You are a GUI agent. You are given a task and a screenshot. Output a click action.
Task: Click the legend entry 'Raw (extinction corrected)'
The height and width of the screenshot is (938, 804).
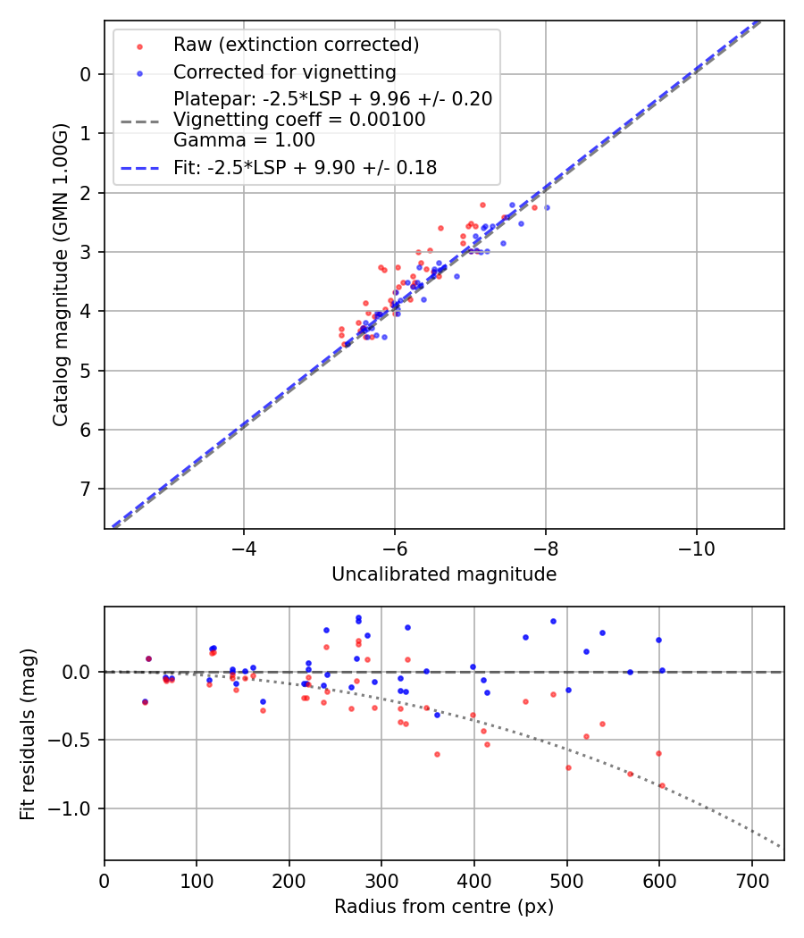click(x=296, y=45)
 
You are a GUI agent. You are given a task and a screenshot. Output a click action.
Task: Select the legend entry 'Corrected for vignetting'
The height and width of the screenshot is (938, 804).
click(x=284, y=71)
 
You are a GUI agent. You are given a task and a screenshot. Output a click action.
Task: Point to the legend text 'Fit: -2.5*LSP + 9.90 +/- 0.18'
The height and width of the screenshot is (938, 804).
click(x=305, y=167)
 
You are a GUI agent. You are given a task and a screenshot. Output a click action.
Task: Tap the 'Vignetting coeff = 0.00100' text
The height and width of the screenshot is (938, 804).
click(x=299, y=119)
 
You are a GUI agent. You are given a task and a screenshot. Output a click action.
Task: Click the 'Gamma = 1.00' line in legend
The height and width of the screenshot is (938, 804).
click(x=244, y=140)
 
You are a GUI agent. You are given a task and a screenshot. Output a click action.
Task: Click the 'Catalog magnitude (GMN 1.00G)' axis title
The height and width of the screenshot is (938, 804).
click(x=60, y=274)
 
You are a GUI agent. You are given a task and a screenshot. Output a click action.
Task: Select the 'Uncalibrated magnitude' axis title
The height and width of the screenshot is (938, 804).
click(x=444, y=574)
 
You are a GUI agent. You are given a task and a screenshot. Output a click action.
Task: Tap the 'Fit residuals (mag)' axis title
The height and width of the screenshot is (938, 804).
click(x=27, y=733)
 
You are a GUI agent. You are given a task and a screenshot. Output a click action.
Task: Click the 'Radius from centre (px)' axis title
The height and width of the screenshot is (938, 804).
click(x=444, y=907)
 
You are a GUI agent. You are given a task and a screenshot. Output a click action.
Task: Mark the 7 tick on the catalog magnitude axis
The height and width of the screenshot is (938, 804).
click(x=86, y=489)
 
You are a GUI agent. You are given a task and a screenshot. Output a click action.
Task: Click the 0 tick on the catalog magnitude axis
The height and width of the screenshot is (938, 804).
click(x=86, y=74)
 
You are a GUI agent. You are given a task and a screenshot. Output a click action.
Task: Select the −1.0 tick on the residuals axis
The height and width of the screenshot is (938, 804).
click(x=75, y=808)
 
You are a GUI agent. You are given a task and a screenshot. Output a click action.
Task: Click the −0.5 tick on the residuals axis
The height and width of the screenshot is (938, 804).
click(x=75, y=740)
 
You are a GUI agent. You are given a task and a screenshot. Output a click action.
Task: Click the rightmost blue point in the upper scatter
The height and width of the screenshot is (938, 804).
click(x=547, y=207)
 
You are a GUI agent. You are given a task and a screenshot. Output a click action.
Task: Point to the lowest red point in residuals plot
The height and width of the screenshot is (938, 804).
click(x=662, y=786)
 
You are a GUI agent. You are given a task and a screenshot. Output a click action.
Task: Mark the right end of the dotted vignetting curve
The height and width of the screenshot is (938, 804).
click(x=780, y=846)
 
